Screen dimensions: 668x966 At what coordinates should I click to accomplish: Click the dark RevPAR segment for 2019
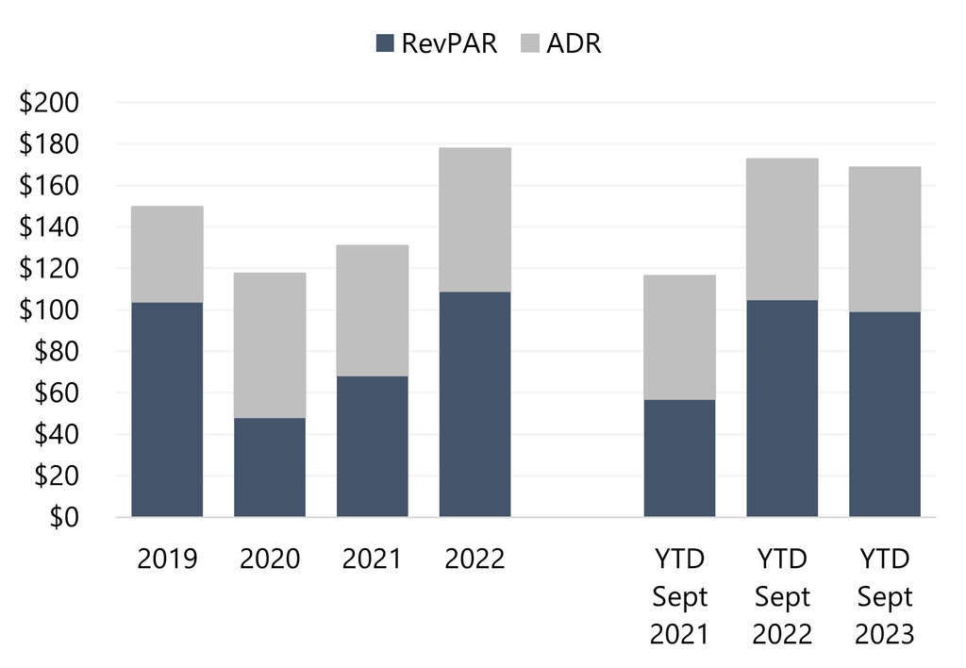[x=167, y=409]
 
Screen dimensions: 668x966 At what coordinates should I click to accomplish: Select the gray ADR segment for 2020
[x=270, y=345]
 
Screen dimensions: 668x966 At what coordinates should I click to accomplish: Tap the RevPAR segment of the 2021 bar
[x=373, y=446]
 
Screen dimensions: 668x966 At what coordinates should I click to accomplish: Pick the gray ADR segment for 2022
[x=475, y=220]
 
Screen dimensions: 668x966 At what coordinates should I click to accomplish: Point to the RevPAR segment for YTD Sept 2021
[x=679, y=459]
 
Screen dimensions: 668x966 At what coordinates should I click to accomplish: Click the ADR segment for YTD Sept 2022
[x=782, y=229]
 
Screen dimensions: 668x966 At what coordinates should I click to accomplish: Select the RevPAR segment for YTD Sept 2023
[x=885, y=414]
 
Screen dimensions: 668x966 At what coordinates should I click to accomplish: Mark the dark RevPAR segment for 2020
[x=270, y=467]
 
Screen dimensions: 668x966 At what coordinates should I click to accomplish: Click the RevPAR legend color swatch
[x=385, y=43]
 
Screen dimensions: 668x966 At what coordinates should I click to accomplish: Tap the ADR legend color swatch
[x=529, y=43]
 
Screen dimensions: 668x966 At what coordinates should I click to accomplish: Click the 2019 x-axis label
[x=167, y=559]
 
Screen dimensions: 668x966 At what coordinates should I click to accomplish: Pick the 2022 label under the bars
[x=475, y=559]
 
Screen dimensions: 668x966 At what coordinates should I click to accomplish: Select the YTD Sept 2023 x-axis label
[x=885, y=596]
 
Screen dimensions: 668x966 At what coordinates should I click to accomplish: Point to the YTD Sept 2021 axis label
[x=679, y=596]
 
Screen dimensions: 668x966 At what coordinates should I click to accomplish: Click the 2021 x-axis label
[x=373, y=559]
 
